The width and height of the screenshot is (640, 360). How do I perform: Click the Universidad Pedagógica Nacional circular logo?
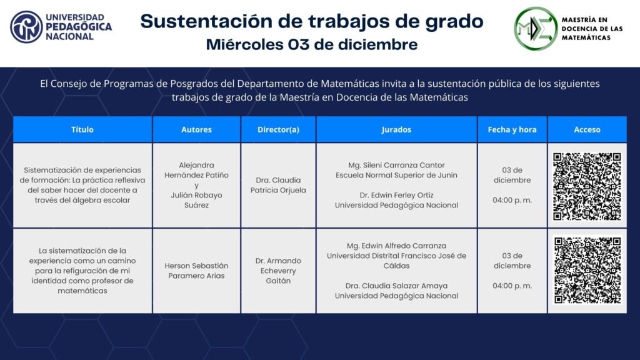(26, 27)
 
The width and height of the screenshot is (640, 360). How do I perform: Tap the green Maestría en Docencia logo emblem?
(536, 29)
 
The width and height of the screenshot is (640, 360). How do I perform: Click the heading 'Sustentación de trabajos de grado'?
(312, 21)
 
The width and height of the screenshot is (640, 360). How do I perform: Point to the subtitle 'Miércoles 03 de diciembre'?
(312, 44)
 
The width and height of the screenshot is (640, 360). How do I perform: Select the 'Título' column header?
(82, 129)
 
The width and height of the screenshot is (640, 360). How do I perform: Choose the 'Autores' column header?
(196, 129)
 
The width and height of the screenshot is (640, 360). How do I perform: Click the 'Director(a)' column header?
(278, 129)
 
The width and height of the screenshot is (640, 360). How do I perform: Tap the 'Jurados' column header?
(396, 129)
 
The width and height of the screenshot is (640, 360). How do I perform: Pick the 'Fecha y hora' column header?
(512, 129)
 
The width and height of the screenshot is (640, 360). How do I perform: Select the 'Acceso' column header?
(587, 129)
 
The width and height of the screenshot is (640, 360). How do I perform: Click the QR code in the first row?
(587, 186)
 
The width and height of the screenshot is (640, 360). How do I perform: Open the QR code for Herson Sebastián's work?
(587, 271)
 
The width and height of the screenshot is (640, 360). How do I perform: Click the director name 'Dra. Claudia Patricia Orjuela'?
(278, 185)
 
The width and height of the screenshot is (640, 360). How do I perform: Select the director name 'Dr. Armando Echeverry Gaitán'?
(278, 271)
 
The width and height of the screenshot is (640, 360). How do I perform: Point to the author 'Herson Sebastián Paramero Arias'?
(196, 271)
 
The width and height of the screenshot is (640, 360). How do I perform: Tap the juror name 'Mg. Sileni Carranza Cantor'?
(396, 165)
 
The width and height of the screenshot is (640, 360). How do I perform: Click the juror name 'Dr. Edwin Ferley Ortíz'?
(396, 195)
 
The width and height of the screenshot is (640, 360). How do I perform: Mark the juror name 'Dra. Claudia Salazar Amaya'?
(396, 286)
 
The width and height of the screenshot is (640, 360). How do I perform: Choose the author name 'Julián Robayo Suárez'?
(196, 200)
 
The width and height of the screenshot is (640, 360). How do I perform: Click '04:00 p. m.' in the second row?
(512, 286)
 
